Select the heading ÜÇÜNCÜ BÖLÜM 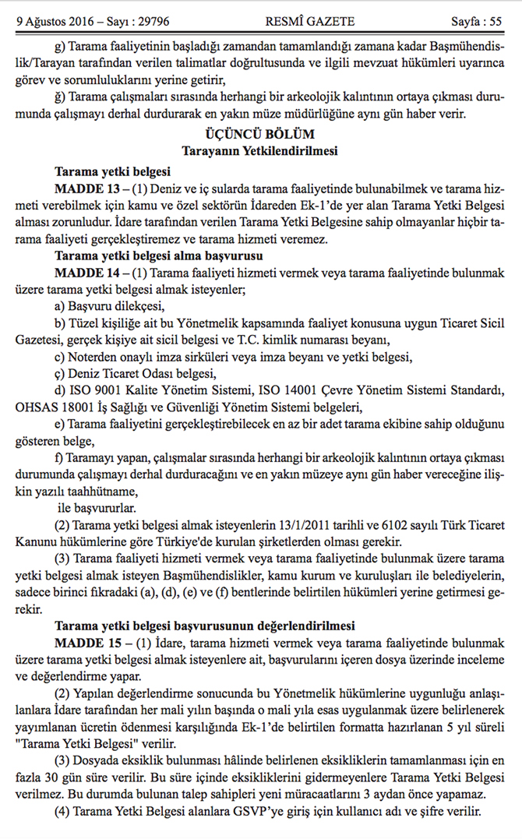point(260,133)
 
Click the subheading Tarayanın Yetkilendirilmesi point(260,150)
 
